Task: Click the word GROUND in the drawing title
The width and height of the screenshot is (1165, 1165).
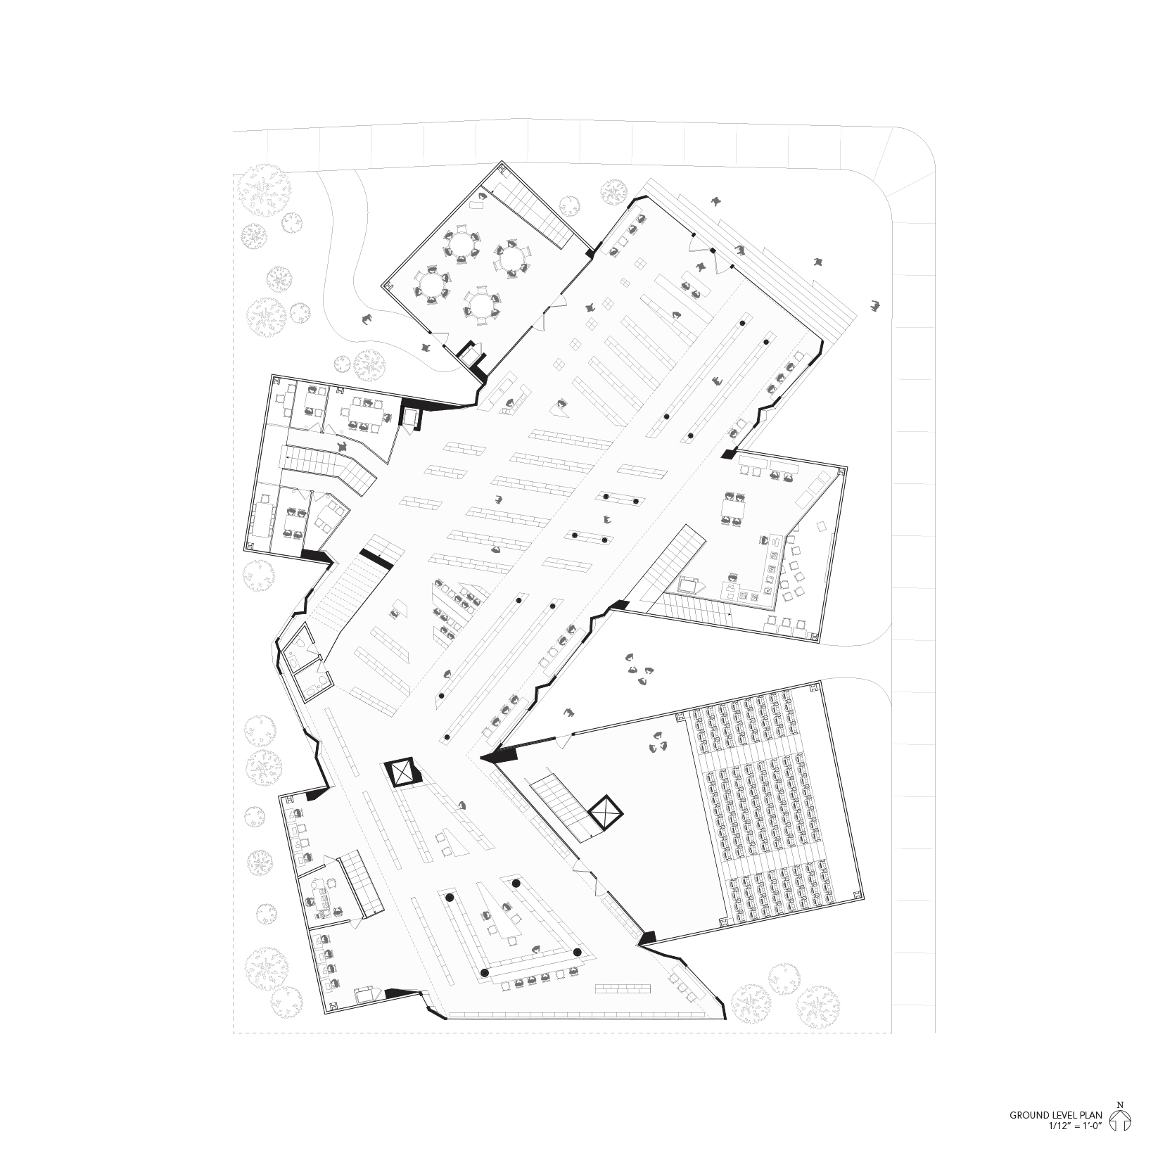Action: point(1029,1135)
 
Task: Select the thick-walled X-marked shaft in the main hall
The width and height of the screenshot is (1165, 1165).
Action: point(402,773)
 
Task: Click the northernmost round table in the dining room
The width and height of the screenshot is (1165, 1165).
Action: point(460,244)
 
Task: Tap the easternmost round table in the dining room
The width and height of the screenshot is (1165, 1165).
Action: point(511,258)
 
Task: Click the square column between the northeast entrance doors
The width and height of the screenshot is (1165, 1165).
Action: point(713,251)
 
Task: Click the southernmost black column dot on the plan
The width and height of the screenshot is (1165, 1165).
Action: point(484,972)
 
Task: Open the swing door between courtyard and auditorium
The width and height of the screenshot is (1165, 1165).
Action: point(563,740)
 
